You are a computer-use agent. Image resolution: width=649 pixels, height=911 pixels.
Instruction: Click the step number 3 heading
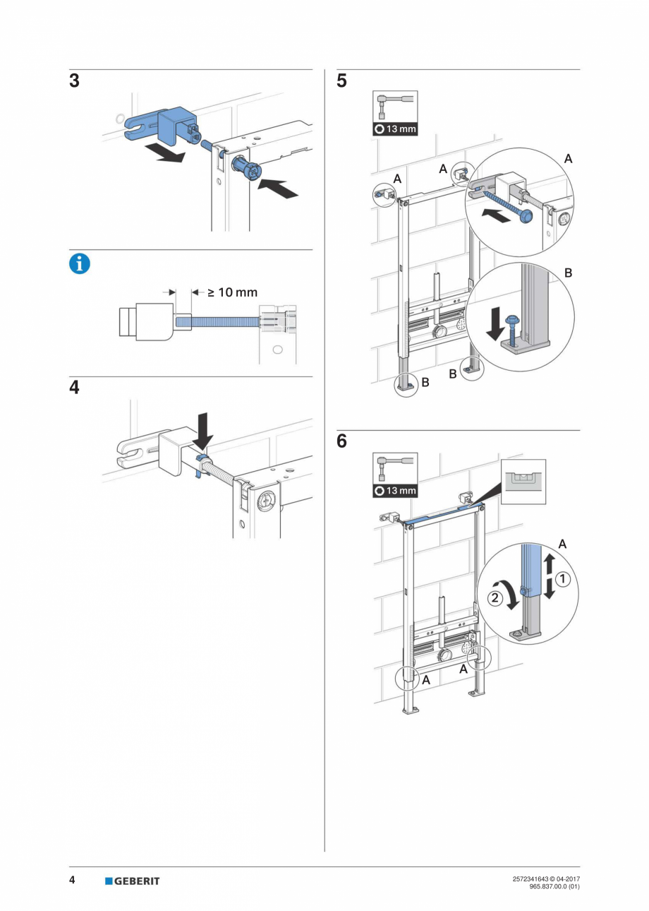click(75, 81)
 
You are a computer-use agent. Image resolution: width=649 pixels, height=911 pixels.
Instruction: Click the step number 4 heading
click(75, 388)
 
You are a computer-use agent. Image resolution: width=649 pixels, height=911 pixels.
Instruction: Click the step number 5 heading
click(342, 81)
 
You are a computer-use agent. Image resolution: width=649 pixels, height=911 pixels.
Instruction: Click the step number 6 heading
click(342, 442)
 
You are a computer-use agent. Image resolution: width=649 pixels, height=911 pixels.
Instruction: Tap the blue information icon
click(80, 264)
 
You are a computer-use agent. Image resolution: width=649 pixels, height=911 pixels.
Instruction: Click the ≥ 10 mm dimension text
click(233, 292)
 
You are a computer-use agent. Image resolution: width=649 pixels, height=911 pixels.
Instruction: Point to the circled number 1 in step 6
click(562, 579)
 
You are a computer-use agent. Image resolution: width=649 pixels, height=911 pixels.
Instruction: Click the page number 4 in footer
click(72, 880)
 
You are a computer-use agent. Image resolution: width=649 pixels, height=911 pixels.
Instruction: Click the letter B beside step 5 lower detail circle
click(569, 272)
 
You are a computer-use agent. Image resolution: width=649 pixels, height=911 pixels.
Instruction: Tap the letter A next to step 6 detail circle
click(562, 544)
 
